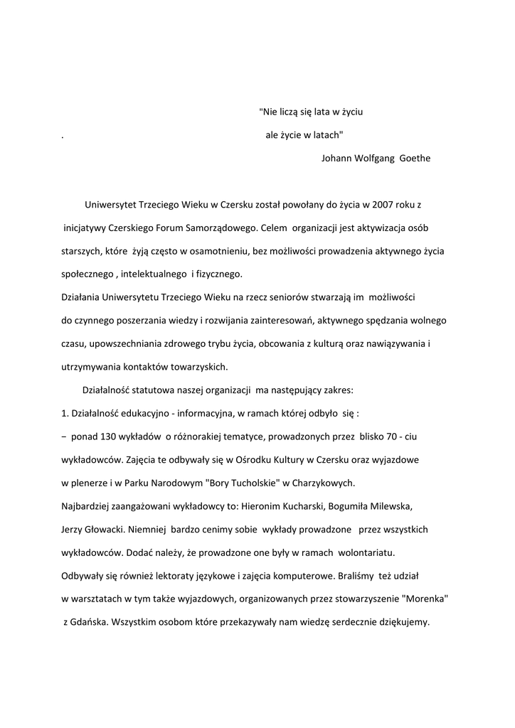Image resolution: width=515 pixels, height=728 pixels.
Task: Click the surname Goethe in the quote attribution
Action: tap(415, 159)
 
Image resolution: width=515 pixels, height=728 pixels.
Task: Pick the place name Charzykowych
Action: tap(323, 483)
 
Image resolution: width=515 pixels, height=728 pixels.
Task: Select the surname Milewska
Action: tap(386, 506)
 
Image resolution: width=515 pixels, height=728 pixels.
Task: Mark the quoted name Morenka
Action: tap(425, 599)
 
